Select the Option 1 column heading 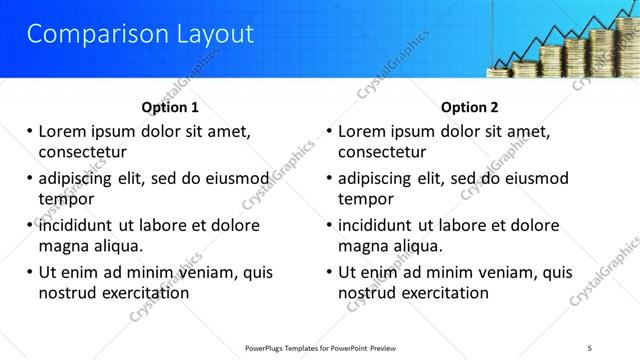pyautogui.click(x=170, y=107)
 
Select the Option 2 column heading pyautogui.click(x=470, y=107)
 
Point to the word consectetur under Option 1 pyautogui.click(x=82, y=153)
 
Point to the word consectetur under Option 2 pyautogui.click(x=382, y=153)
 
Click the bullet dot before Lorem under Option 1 pyautogui.click(x=29, y=131)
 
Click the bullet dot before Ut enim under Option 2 pyautogui.click(x=329, y=272)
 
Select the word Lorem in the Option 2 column pyautogui.click(x=362, y=131)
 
